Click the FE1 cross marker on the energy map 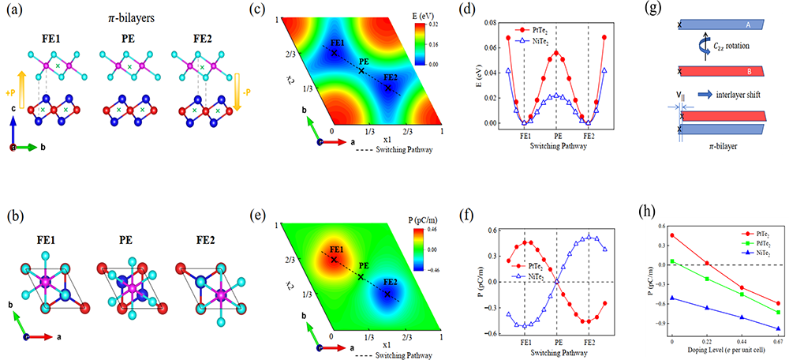click(x=335, y=53)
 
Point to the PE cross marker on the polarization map click(x=361, y=277)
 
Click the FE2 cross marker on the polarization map click(x=387, y=294)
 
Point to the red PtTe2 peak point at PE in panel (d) click(x=556, y=53)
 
